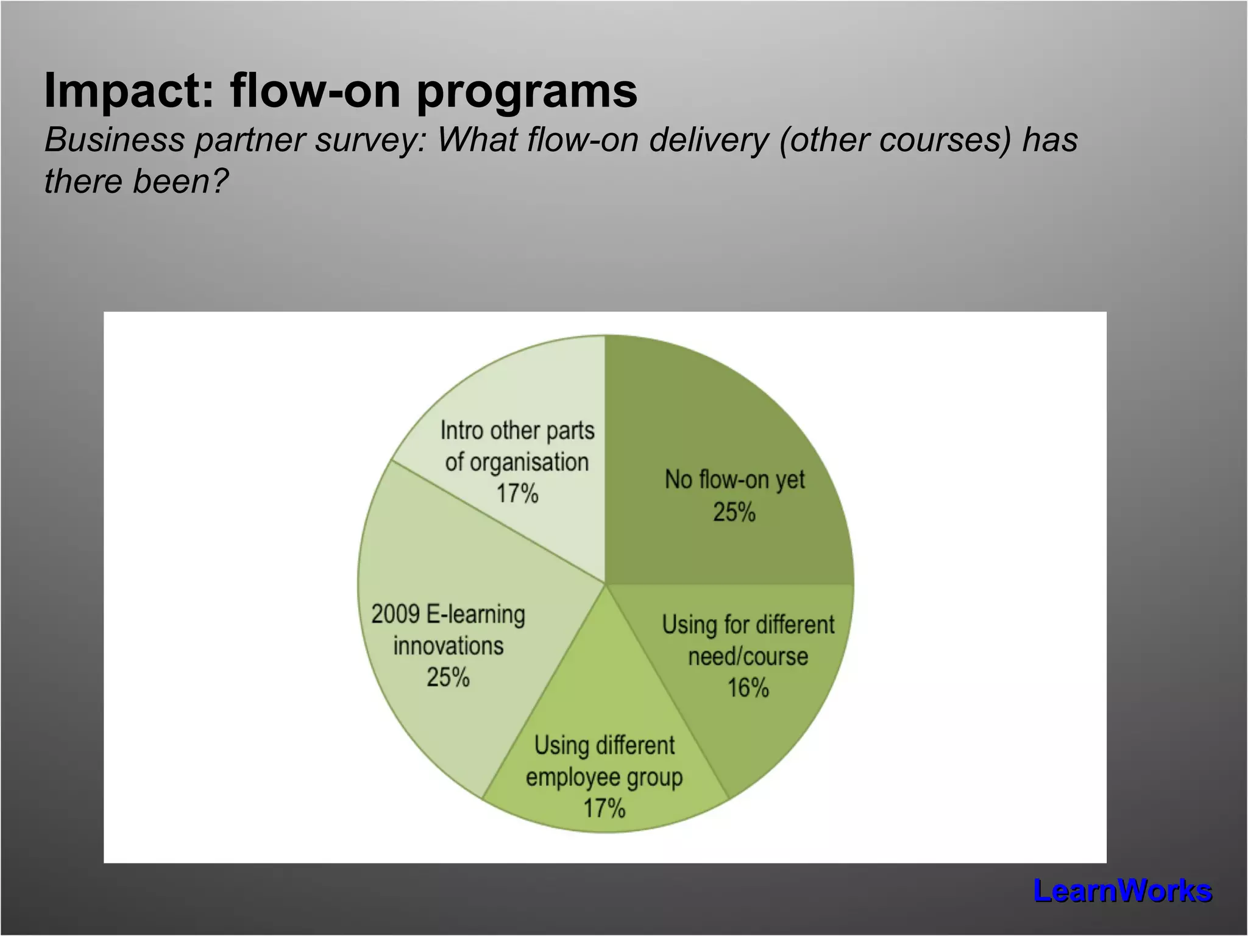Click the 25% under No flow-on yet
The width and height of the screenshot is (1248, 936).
[734, 512]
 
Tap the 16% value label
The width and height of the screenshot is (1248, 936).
[748, 688]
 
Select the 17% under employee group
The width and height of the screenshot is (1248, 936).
[604, 809]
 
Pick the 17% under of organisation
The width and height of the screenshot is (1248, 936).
[517, 494]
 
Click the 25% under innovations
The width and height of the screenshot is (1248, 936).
[448, 678]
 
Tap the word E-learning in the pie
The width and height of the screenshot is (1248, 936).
[475, 614]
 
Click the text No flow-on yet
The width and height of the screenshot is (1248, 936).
[734, 480]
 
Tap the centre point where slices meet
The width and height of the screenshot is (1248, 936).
[605, 584]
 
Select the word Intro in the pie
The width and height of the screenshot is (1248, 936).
[462, 431]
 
